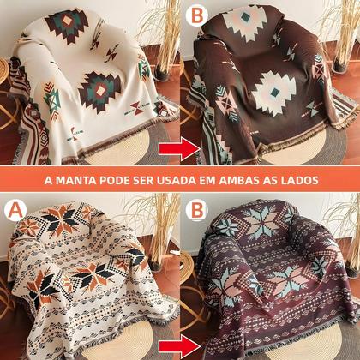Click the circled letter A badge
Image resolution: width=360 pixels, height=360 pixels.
pos(15,207)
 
